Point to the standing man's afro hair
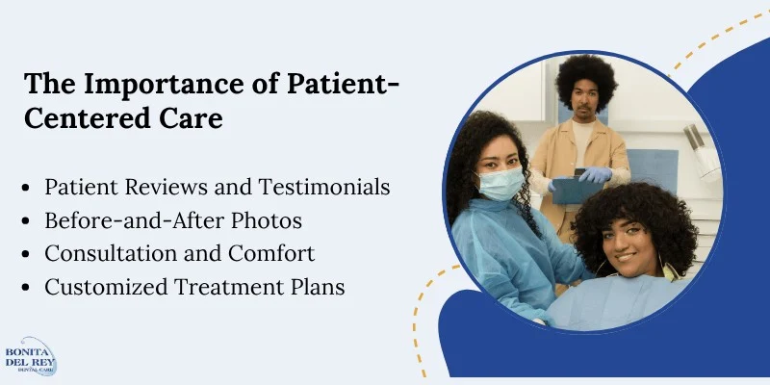tap(586, 80)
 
